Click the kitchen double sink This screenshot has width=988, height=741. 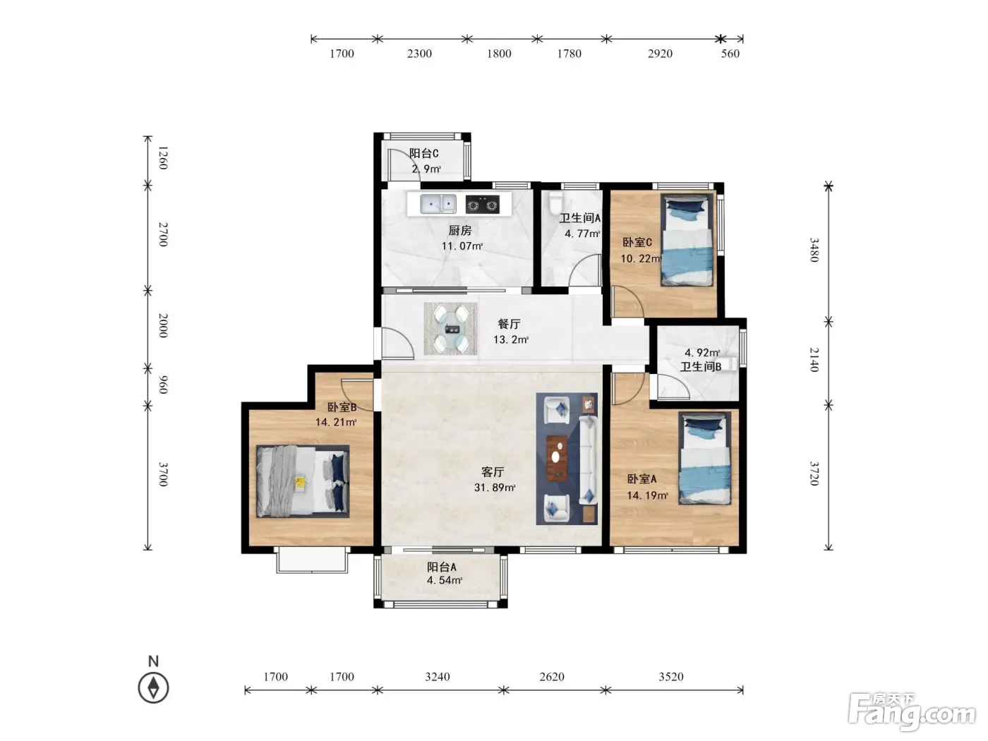[x=438, y=204]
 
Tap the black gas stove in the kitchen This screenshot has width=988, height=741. [x=482, y=204]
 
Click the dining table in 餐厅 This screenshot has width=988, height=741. [x=450, y=328]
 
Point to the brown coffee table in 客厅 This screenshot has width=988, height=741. [x=556, y=458]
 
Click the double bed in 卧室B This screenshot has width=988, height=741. [x=303, y=481]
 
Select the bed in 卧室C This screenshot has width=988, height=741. [x=687, y=240]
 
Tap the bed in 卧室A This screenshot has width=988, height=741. [x=704, y=458]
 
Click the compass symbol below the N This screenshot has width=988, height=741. [x=153, y=688]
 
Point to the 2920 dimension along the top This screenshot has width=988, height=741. [x=660, y=54]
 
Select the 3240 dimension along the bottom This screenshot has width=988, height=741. [x=437, y=677]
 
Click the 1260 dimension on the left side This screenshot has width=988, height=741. [x=164, y=157]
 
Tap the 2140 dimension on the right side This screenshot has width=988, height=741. [x=814, y=359]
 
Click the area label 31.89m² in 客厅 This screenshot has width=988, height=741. [x=495, y=487]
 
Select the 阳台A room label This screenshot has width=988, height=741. [x=442, y=567]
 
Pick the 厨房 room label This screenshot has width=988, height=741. [x=459, y=231]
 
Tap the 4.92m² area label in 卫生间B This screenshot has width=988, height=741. [x=702, y=352]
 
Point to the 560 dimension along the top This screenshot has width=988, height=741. [x=730, y=54]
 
